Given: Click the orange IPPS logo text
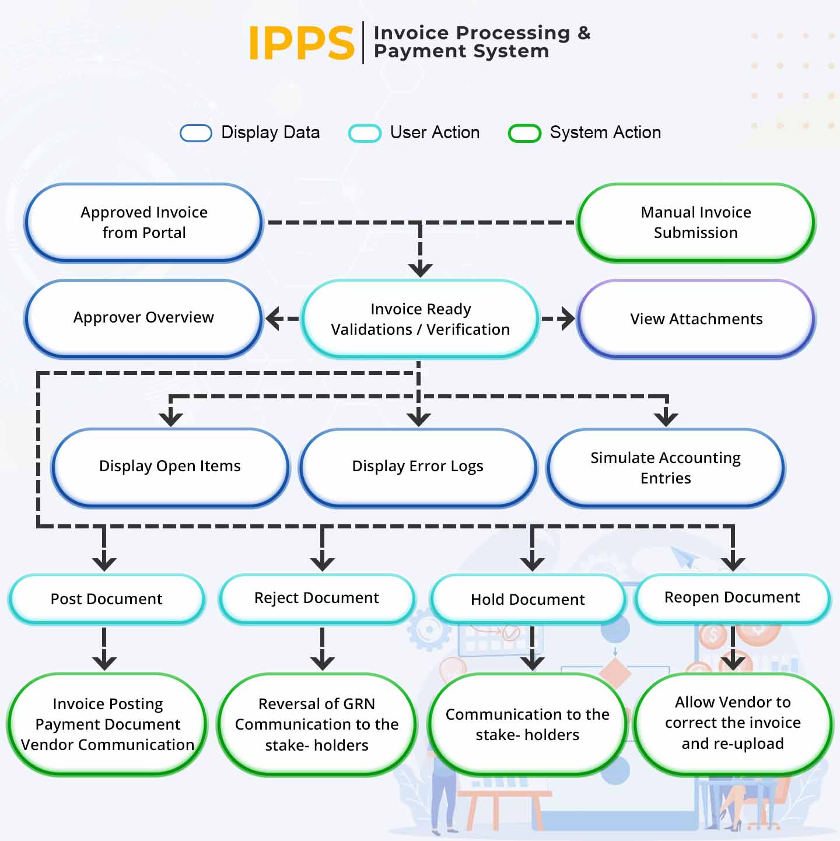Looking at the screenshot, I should click(301, 43).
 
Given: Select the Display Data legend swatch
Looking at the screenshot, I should click(195, 133).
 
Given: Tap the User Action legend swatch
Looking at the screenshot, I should click(365, 133).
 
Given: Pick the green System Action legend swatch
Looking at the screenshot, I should click(524, 133).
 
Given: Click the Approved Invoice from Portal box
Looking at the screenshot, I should click(143, 222).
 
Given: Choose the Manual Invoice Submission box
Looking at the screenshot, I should click(695, 222).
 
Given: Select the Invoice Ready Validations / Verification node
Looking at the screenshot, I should click(420, 319).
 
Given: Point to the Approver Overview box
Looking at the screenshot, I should click(143, 318).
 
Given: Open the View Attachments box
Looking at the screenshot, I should click(695, 319).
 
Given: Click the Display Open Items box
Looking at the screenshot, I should click(170, 467).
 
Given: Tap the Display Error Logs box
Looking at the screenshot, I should click(418, 467).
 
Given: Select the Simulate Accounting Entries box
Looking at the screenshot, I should click(665, 468).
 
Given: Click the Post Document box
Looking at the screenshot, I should click(106, 599).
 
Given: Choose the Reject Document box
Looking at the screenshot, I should click(316, 598).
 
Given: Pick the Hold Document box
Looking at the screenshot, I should click(527, 600).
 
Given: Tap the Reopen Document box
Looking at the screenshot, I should click(731, 598).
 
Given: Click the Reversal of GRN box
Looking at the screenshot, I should click(316, 724).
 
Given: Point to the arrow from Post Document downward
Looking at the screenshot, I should click(104, 649).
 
